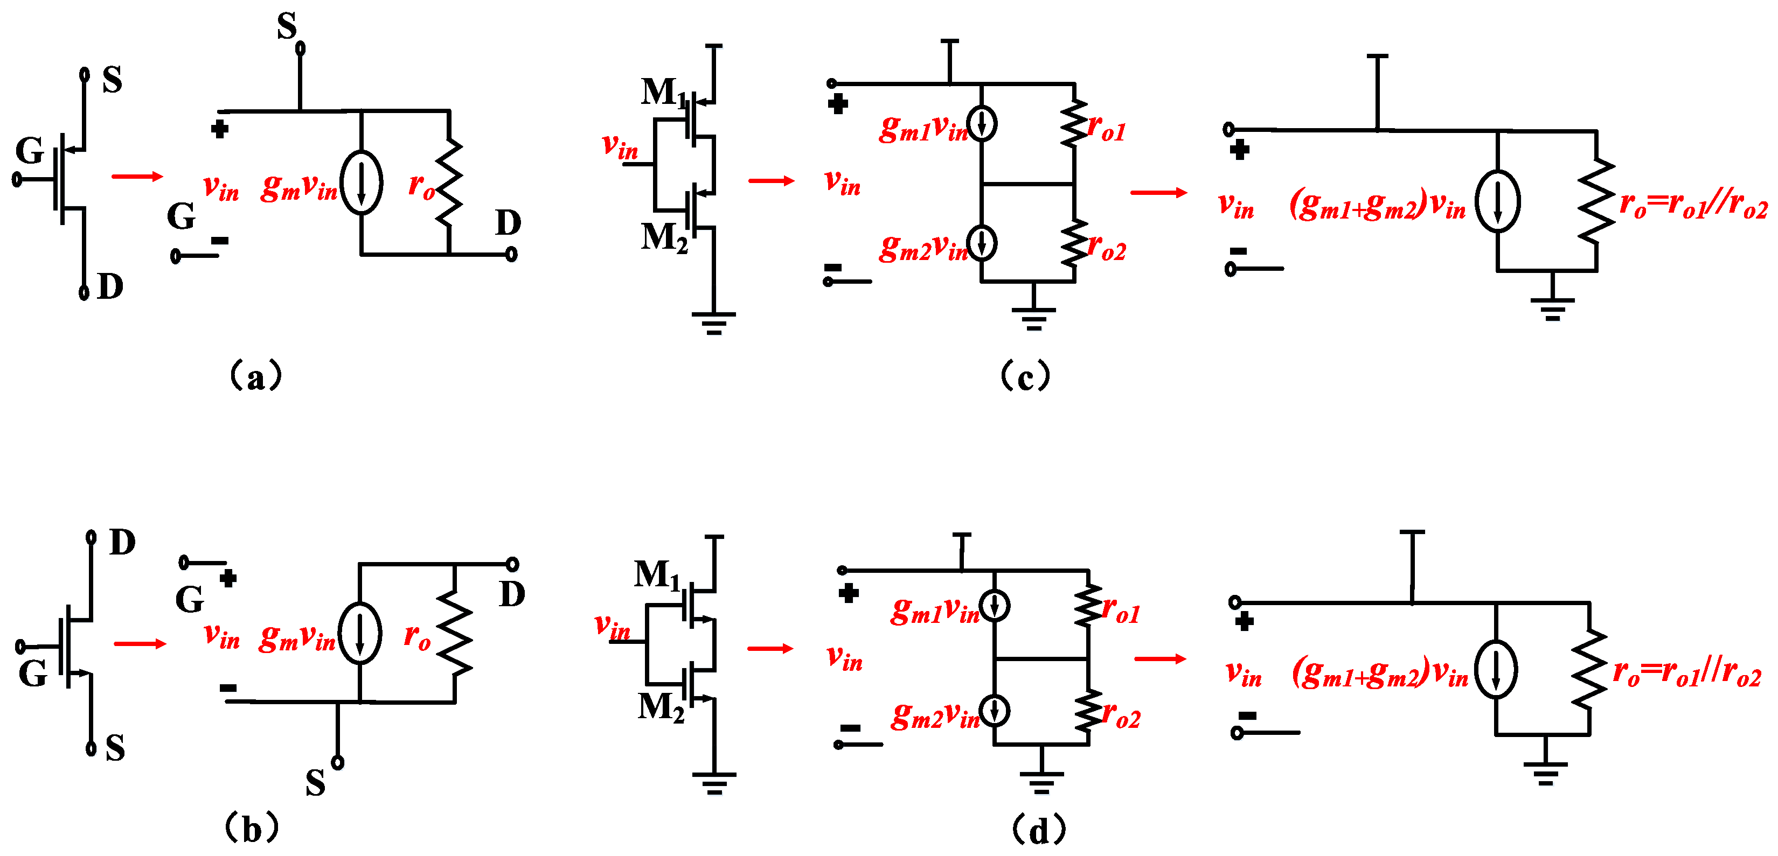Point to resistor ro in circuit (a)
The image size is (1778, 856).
tap(449, 183)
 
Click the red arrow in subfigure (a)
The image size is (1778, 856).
tap(137, 177)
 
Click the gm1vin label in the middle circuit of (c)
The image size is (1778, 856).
tap(923, 128)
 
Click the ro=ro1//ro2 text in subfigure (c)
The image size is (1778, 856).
tap(1693, 205)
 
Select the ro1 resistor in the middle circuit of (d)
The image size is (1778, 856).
tap(1088, 606)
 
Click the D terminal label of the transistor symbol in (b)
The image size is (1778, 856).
tap(122, 543)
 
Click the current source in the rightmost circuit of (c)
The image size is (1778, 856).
tap(1497, 201)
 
